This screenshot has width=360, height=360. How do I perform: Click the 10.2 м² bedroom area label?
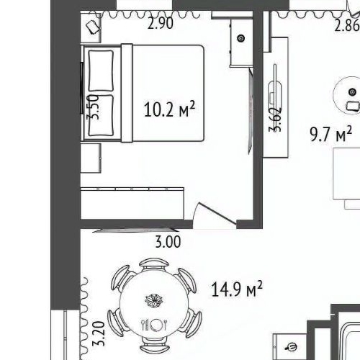pos(169,109)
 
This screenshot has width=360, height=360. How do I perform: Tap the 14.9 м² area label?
pos(237,289)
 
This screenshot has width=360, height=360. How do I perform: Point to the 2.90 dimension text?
pos(161,24)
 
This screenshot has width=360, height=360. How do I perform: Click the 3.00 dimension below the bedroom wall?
pos(168,242)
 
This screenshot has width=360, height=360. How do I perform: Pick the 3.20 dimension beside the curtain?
pos(99,333)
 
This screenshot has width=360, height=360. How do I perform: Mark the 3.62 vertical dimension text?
pos(275,120)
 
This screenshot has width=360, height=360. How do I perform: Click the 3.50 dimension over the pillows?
pos(93,107)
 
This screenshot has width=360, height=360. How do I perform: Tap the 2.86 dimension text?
pos(347,26)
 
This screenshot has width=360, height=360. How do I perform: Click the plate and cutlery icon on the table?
pos(154,325)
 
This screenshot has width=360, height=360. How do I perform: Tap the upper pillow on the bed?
pos(101,71)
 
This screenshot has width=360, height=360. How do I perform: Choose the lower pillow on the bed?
pos(101,116)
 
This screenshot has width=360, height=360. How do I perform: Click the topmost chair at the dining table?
pos(154,264)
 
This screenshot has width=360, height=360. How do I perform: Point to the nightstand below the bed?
pos(91,158)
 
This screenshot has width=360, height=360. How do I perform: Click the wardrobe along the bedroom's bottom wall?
pos(132,203)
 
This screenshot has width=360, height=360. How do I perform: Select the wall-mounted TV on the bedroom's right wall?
pos(251,111)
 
